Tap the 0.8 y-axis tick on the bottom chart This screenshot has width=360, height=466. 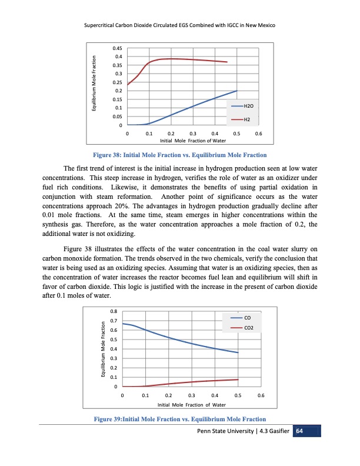click(114, 311)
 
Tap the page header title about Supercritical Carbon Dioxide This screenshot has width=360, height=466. click(180, 27)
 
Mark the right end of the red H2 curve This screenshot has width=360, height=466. click(228, 62)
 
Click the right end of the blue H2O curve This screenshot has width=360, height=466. click(236, 91)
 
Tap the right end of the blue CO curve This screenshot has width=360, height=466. click(238, 353)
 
